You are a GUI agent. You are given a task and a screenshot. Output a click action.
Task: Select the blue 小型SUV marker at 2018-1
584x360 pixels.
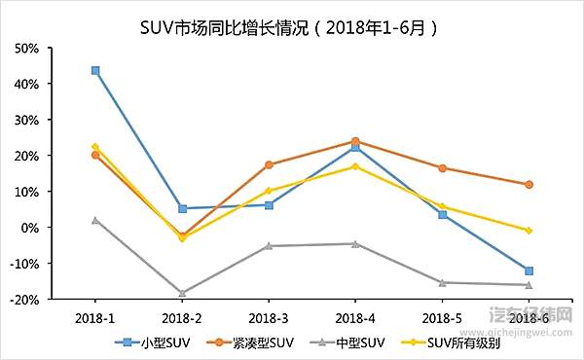point(95,70)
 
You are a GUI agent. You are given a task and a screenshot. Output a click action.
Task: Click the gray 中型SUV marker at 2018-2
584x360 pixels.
point(182,292)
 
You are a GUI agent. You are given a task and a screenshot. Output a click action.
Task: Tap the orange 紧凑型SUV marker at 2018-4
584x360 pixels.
point(355,141)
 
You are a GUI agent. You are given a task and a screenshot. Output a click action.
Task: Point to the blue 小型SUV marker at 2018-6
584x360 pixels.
point(529,270)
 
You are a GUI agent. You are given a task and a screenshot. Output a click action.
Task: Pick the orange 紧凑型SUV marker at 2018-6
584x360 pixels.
point(529,184)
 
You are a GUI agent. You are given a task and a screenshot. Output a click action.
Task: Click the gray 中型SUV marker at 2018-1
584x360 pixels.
point(95,220)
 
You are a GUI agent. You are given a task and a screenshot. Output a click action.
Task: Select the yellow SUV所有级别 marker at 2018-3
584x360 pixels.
point(269,191)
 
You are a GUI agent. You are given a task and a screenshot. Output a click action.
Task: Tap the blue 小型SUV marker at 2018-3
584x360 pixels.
point(269,204)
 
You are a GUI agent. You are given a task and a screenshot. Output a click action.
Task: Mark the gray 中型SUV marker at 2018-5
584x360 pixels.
point(442,282)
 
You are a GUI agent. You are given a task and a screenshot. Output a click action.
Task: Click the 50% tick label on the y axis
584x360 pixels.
point(26,49)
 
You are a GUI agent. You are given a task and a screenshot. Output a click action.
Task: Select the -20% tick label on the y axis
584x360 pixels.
point(23,300)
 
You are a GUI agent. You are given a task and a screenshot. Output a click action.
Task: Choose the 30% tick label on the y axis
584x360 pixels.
point(26,121)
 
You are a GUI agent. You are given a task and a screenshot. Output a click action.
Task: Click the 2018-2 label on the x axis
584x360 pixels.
point(182,317)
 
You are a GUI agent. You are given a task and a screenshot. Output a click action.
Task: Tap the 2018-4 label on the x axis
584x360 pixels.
point(355,317)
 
